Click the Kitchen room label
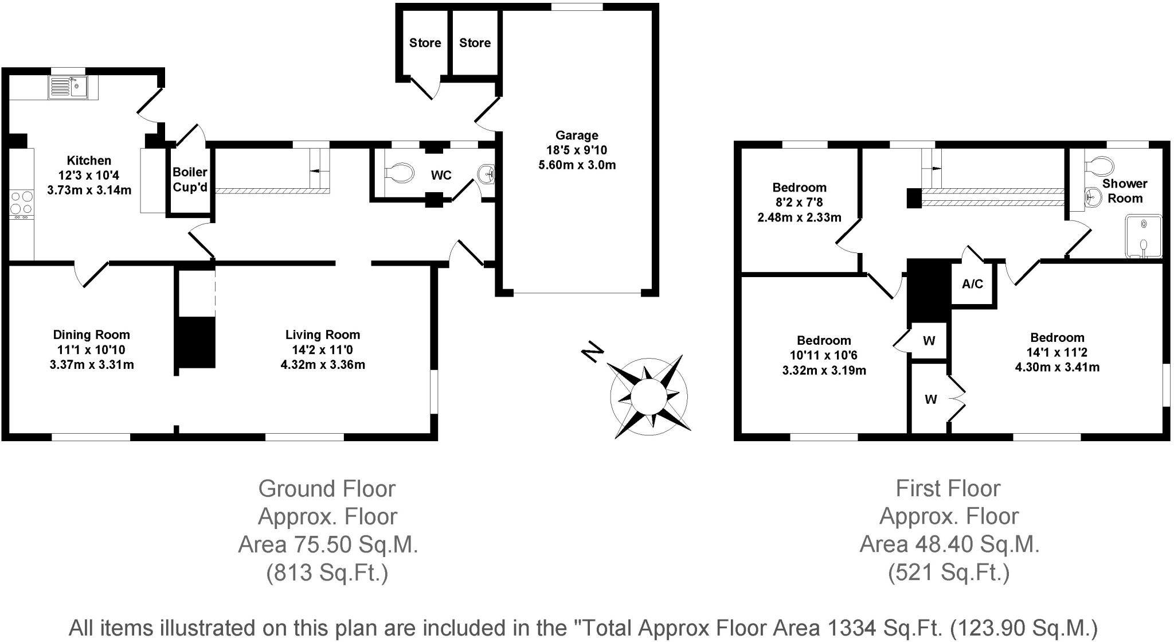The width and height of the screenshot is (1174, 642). coord(89,161)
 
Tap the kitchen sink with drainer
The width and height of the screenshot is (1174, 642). coord(69,87)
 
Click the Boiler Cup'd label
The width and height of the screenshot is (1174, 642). coord(190,180)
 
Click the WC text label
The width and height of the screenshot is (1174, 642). coord(441,176)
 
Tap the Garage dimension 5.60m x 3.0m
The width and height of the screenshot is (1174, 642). coord(577,165)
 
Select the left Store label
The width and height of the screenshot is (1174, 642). coord(425,43)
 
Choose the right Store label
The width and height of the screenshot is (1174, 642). coord(475,43)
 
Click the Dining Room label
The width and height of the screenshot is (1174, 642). coord(91,335)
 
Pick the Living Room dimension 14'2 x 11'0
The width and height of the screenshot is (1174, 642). coord(323,350)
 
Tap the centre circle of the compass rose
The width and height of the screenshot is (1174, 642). coord(649,396)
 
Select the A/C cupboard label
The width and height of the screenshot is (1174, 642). coord(972,284)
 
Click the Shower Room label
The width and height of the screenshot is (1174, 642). coord(1125,191)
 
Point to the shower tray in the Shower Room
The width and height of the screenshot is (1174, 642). coord(1143,236)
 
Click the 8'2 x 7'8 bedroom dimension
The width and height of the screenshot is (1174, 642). coord(799,203)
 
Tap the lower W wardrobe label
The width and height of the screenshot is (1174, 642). coord(930,399)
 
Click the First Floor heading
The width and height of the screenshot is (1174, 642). coord(948,489)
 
